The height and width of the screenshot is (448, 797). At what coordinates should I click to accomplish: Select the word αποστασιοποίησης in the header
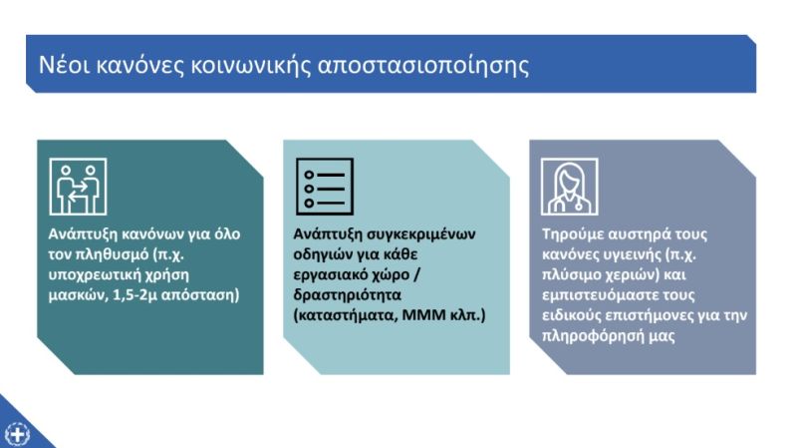(x=423, y=66)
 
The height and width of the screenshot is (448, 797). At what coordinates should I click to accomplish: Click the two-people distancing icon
(x=78, y=187)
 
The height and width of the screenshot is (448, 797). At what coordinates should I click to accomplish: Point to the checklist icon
(x=325, y=187)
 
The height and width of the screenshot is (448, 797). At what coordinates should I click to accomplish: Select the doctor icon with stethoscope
(x=570, y=187)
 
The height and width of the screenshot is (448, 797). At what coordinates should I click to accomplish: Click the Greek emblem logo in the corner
(x=17, y=434)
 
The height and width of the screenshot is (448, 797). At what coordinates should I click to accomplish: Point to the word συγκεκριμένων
(x=420, y=234)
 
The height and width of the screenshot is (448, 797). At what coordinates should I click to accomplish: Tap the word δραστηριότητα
(x=347, y=295)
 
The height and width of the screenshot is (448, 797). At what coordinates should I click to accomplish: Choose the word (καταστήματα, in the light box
(x=345, y=315)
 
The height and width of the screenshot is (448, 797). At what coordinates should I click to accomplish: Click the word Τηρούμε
(x=573, y=234)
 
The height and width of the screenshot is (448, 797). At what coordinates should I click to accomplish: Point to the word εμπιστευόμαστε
(x=605, y=295)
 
